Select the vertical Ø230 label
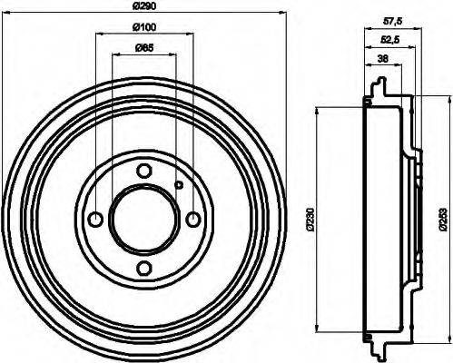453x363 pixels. (x=310, y=219)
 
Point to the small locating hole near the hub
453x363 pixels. (x=179, y=186)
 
